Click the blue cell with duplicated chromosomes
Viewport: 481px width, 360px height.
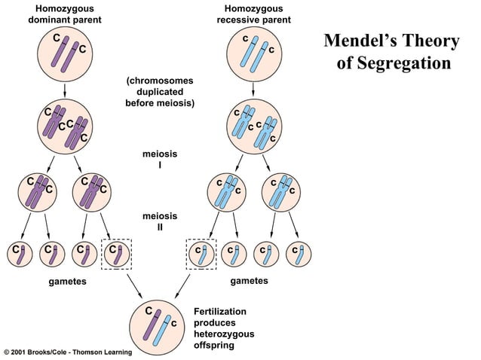(x=254, y=126)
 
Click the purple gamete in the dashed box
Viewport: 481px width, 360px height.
(x=115, y=254)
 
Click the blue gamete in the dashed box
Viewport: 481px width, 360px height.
(x=201, y=254)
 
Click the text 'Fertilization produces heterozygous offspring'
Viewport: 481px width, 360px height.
(x=219, y=328)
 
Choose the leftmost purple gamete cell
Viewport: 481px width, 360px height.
(x=18, y=254)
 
